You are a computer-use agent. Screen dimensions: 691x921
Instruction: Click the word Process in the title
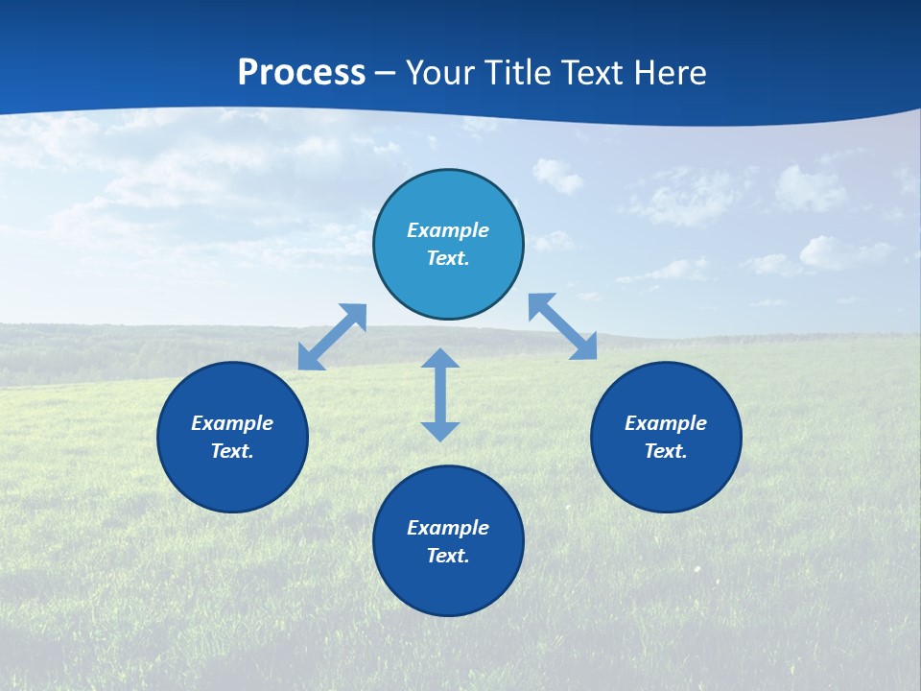tap(301, 72)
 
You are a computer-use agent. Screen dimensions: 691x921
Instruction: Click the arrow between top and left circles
tap(332, 337)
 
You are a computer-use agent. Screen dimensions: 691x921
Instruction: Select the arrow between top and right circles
tap(563, 326)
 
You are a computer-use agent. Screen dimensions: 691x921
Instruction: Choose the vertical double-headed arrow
tap(440, 394)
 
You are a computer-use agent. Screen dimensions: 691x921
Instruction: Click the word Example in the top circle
tap(448, 230)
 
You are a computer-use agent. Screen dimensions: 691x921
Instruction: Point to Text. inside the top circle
tap(448, 258)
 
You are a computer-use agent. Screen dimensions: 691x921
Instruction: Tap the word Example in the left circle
tap(232, 423)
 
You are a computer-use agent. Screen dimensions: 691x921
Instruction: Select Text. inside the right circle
tap(666, 451)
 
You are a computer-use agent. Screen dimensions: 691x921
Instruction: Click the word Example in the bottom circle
tap(448, 528)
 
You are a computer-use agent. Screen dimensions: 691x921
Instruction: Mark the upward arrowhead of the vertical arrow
tap(440, 358)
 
